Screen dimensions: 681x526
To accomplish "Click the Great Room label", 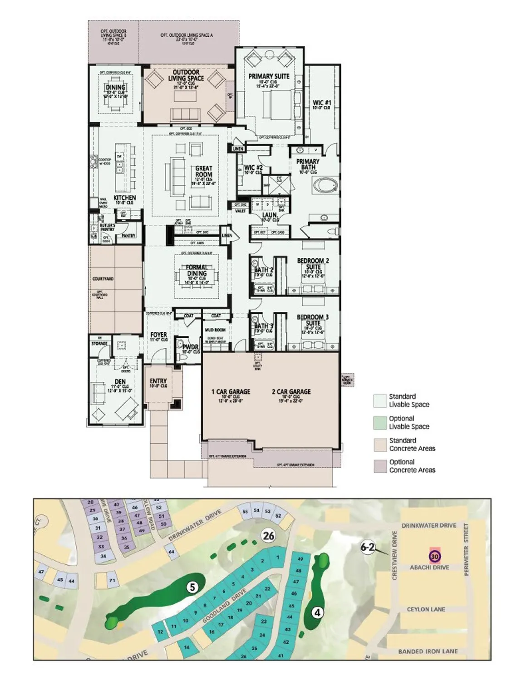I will click(204, 172).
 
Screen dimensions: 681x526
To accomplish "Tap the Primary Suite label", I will click(269, 77).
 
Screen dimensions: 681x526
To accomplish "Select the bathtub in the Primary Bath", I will click(324, 186).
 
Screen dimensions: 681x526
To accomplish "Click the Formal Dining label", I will click(197, 271).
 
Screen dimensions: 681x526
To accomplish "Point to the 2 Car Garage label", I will click(291, 392).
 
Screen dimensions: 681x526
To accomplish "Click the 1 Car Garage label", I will click(231, 392).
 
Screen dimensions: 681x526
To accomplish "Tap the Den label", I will click(120, 382).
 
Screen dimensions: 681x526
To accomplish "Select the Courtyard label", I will click(103, 279).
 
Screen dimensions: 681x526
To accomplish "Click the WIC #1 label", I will click(322, 103).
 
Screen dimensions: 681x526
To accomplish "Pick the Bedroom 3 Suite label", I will click(313, 320).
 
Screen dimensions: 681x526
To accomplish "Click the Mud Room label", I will click(215, 330).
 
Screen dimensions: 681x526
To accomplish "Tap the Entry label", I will click(158, 381).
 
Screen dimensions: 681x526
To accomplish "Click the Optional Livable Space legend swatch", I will click(380, 422).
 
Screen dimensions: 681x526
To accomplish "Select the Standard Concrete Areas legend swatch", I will click(380, 444).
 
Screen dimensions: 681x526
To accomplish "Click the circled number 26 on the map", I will click(269, 536).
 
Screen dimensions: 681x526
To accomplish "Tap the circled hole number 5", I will click(192, 587).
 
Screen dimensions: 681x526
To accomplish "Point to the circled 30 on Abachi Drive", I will click(435, 556).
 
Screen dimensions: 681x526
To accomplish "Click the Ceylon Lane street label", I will click(426, 609).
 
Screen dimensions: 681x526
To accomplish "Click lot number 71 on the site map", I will click(112, 581).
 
